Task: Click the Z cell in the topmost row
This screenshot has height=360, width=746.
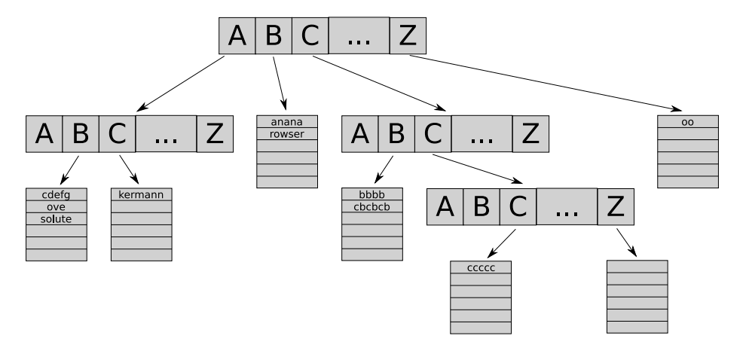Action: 408,35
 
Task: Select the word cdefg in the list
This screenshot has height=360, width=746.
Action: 57,195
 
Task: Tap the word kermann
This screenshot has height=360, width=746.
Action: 141,194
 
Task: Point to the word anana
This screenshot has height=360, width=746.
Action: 286,122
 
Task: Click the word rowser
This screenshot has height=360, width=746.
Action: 286,134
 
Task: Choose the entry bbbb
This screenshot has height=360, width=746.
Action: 371,194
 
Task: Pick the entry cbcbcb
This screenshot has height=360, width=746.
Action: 371,207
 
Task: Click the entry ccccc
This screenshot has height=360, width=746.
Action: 481,268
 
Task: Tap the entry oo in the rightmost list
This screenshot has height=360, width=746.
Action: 687,122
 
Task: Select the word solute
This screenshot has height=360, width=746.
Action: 57,219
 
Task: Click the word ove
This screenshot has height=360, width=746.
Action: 57,207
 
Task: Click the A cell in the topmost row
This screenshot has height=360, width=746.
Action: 237,35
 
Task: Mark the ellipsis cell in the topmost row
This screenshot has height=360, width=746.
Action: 359,35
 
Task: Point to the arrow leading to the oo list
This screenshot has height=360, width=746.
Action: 546,84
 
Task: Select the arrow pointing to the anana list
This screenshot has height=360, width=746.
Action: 280,84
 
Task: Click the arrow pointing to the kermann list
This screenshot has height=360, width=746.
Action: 129,169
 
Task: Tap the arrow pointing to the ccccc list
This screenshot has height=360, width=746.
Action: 501,243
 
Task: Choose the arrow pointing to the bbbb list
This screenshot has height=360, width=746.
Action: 384,169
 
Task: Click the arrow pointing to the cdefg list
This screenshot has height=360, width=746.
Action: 69,170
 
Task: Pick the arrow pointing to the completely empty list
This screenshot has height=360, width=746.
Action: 627,243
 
